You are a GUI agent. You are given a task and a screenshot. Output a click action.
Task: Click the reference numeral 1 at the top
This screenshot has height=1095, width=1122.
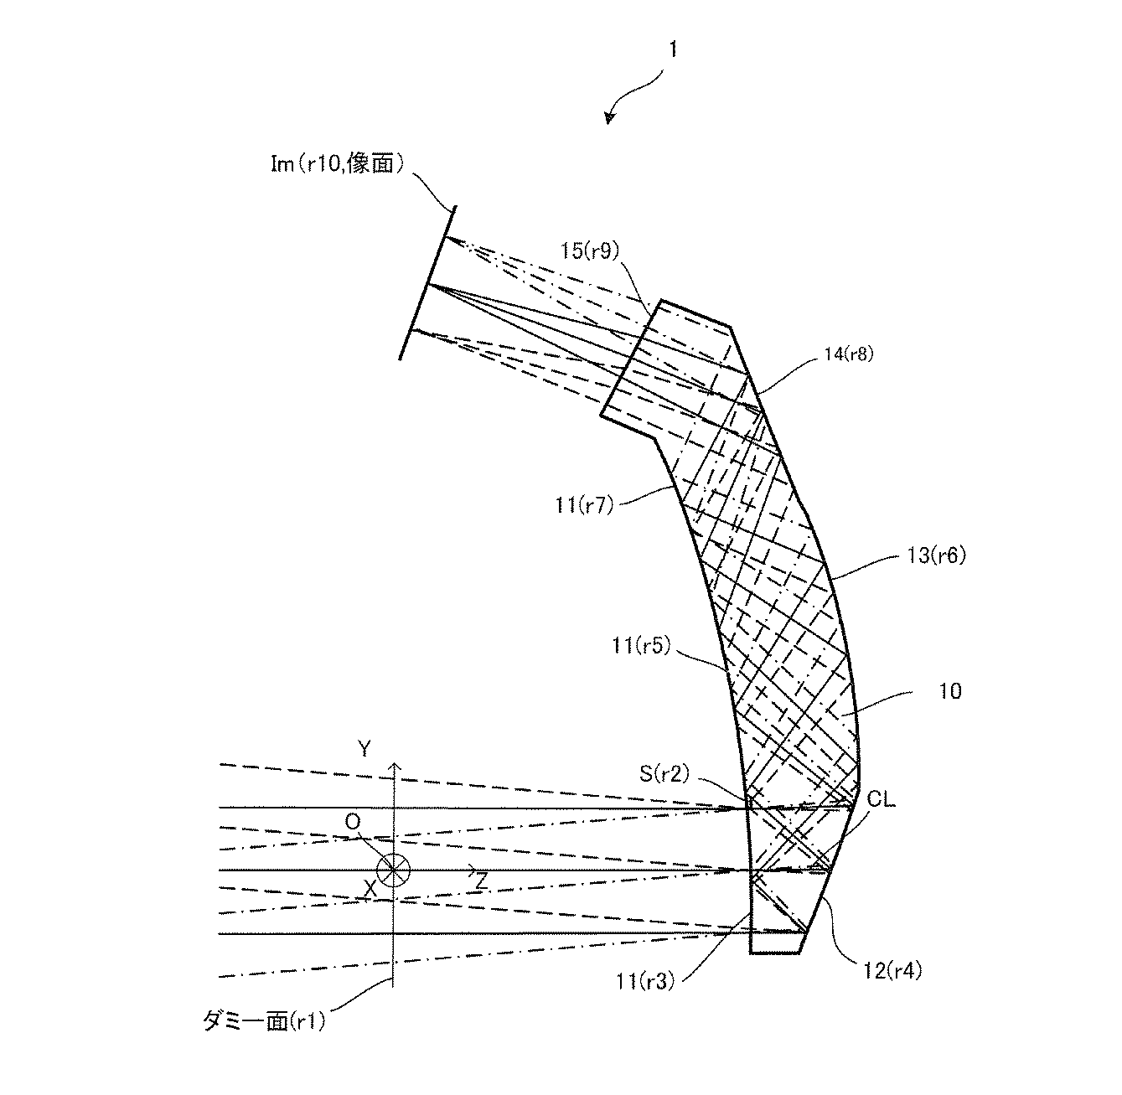pyautogui.click(x=672, y=50)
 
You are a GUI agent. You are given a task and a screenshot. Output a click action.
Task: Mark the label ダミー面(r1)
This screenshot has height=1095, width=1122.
pyautogui.click(x=264, y=1020)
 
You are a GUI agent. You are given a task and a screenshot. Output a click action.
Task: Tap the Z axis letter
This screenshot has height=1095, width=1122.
pyautogui.click(x=480, y=881)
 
